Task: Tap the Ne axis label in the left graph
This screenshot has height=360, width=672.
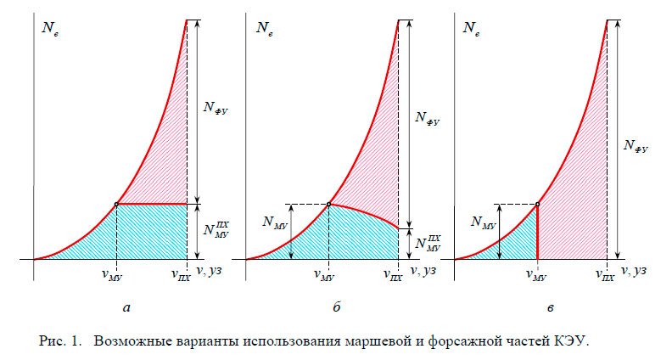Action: click(49, 28)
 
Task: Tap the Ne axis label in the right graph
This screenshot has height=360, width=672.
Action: click(472, 28)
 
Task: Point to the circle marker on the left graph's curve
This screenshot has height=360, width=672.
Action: click(116, 204)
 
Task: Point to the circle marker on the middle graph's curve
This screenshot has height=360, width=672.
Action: click(328, 204)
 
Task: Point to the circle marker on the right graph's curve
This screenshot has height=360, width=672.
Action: click(538, 204)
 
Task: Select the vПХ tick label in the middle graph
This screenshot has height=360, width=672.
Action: click(392, 275)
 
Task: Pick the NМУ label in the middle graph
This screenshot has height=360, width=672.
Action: click(276, 224)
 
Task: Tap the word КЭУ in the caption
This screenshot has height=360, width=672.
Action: click(569, 343)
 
